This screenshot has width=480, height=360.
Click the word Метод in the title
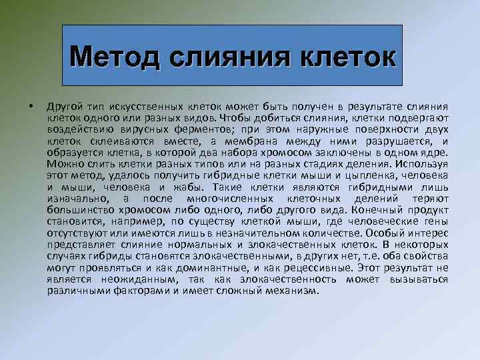click(x=119, y=56)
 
